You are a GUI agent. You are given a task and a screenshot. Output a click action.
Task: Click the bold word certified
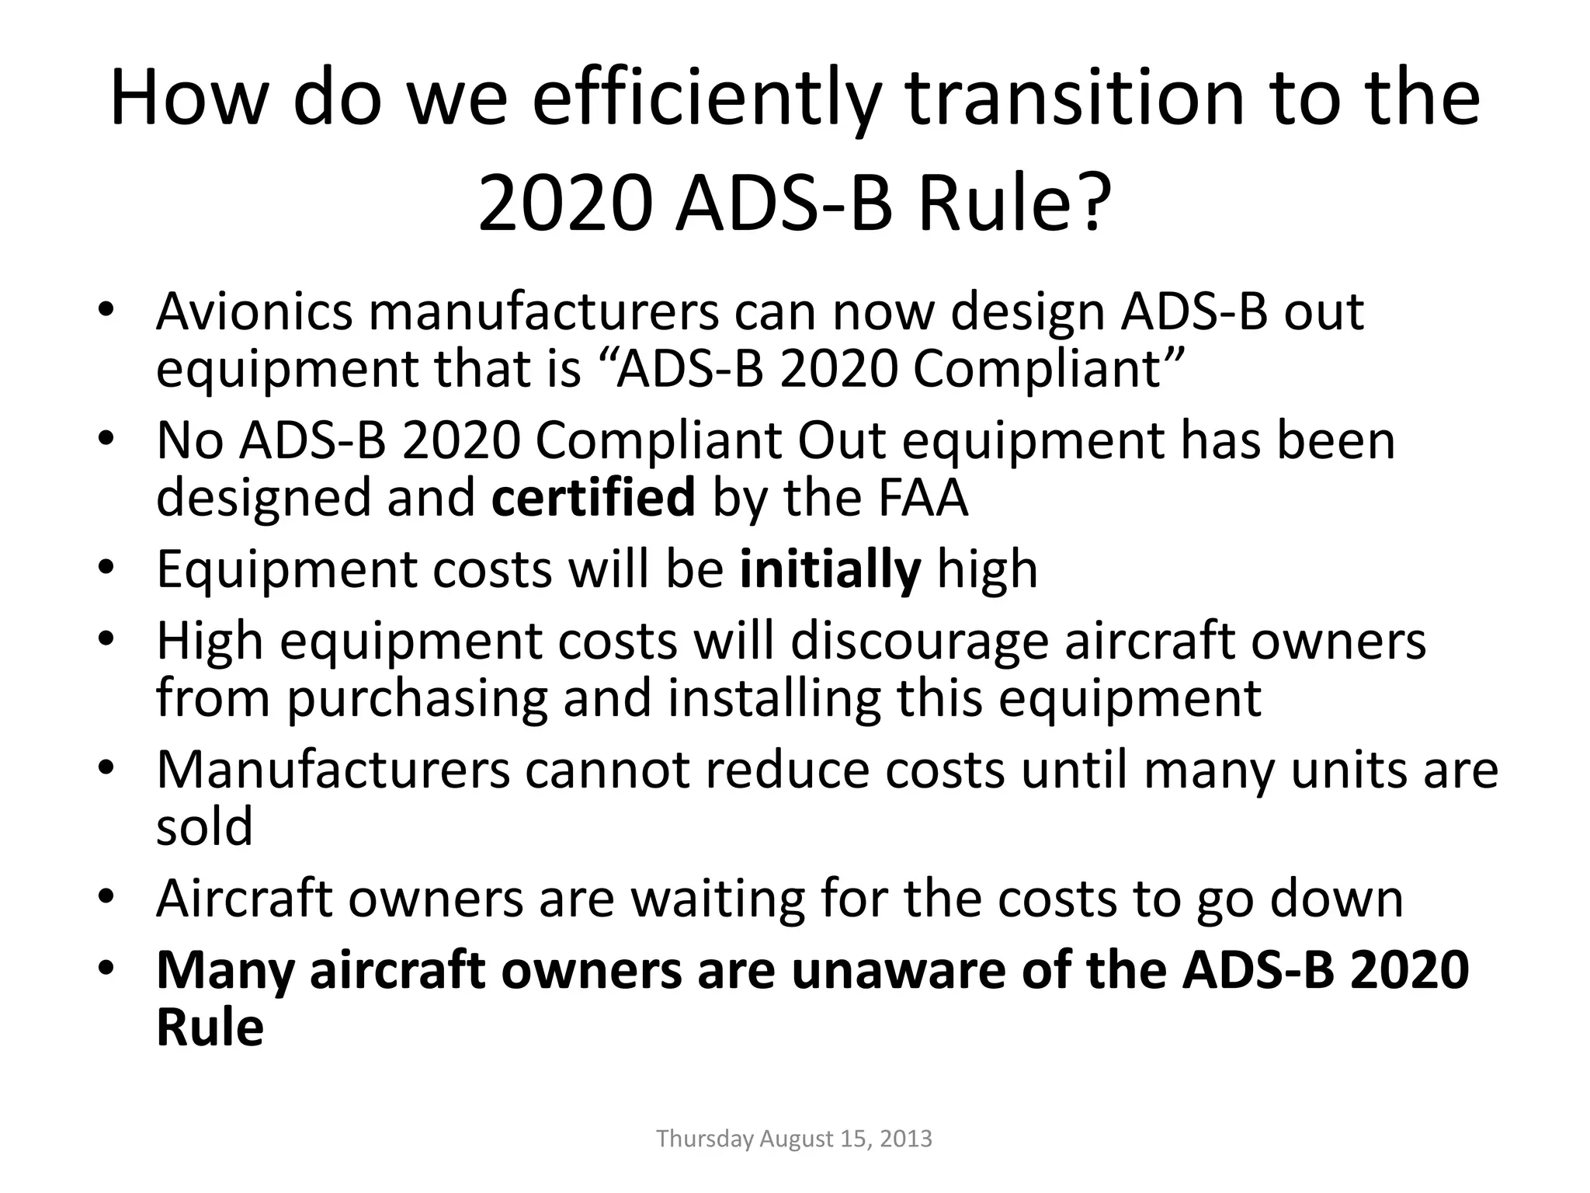point(593,497)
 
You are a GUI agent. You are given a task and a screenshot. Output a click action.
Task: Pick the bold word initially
point(830,569)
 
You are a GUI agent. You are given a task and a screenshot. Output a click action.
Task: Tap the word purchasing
point(418,698)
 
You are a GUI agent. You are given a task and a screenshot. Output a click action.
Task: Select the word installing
point(774,698)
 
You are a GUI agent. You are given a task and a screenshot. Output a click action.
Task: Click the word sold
point(204,826)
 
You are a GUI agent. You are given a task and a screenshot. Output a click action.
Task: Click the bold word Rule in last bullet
point(210,1028)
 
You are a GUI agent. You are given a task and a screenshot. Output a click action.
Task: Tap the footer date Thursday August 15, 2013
point(793,1139)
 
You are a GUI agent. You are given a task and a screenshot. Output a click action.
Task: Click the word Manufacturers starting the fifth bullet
point(333,770)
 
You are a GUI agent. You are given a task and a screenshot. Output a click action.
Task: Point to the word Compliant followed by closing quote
point(1047,369)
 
